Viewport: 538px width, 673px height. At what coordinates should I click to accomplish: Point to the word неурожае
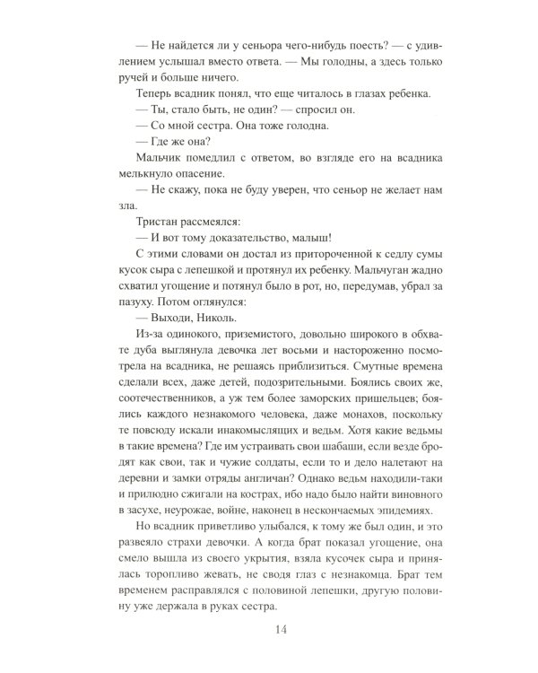click(166, 508)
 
